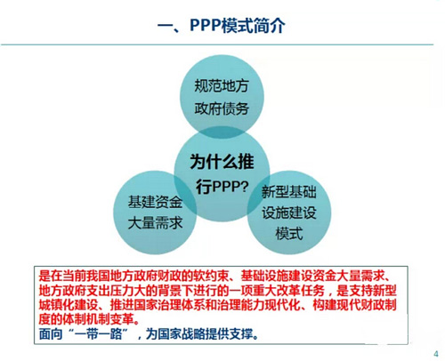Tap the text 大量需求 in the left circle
pos(154,222)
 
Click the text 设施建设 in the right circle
pos(289,213)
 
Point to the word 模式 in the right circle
pos(289,236)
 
